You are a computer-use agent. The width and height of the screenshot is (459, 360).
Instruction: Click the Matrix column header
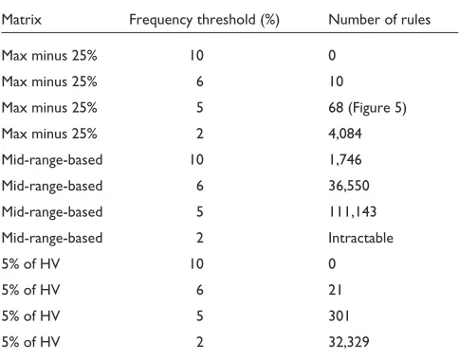(22, 20)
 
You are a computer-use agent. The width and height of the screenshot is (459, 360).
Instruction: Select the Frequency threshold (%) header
(204, 20)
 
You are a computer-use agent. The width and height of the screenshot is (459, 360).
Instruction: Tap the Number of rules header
(379, 20)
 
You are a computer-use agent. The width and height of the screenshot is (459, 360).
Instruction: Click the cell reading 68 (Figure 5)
(367, 108)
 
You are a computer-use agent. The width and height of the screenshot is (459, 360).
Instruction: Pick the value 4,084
(345, 134)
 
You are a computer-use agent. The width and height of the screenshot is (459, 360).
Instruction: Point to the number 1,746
(345, 159)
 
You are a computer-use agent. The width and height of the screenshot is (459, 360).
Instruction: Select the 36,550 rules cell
(349, 186)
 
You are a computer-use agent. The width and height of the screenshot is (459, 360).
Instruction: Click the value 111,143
(353, 211)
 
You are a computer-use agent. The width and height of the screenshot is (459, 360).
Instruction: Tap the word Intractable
(360, 238)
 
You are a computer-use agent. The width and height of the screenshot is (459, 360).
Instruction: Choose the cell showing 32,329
(349, 342)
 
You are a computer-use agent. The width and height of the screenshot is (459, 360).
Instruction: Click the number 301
(339, 315)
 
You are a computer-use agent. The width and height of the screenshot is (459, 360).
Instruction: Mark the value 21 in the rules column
(335, 290)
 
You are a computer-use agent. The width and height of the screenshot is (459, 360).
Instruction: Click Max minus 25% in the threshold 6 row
(49, 81)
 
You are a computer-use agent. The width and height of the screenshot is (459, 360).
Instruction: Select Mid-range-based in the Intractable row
(52, 239)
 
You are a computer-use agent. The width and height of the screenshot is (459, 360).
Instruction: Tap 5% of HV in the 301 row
(30, 315)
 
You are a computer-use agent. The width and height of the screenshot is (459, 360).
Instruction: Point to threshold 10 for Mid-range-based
(196, 159)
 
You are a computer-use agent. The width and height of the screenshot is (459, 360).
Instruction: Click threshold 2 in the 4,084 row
(200, 134)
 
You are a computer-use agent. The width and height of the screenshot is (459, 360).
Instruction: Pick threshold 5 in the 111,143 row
(200, 211)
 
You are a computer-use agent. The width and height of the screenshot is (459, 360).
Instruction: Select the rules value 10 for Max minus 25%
(336, 81)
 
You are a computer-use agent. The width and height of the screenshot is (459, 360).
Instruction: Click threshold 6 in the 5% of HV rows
(200, 290)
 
